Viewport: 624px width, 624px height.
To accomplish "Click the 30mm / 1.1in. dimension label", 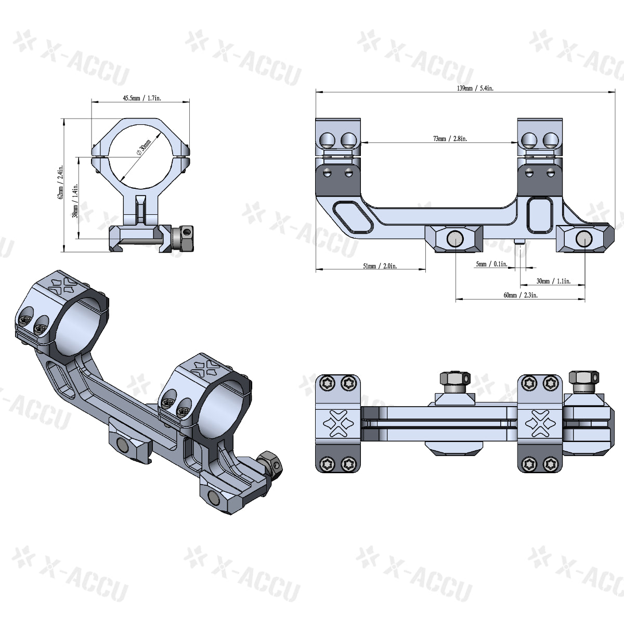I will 553,281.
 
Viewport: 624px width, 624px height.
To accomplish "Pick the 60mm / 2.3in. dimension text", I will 521,295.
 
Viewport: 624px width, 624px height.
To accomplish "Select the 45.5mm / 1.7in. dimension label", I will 140,97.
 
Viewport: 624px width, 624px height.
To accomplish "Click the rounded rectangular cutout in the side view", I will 539,214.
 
